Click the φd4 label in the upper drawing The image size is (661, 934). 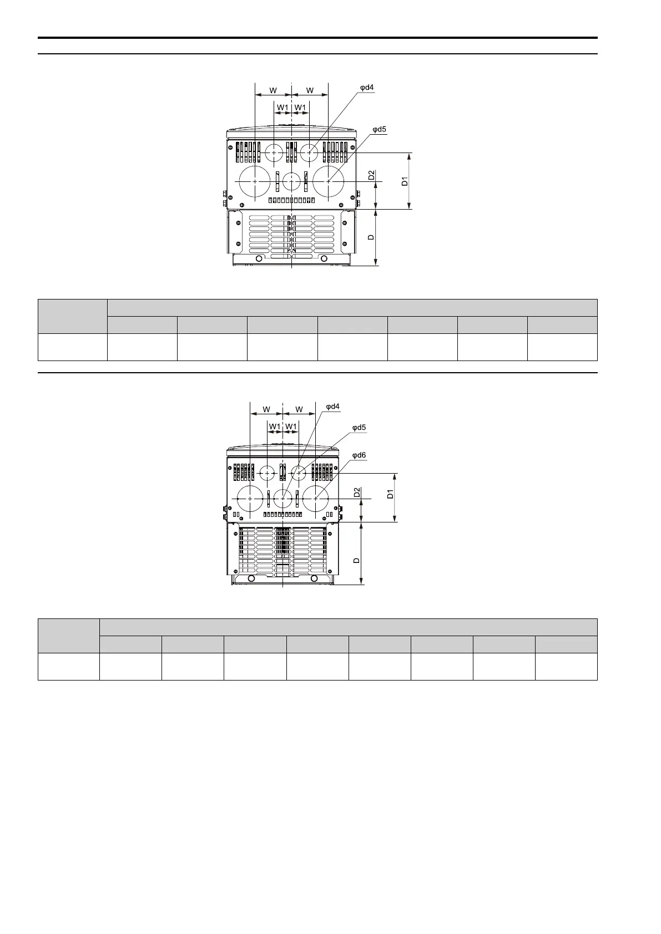coord(367,88)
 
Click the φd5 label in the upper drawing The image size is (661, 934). coord(379,129)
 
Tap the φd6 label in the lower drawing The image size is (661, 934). coord(359,455)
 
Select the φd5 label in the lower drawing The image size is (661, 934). coord(359,428)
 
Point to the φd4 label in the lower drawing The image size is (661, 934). coord(332,407)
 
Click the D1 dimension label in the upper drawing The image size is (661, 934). coord(405,181)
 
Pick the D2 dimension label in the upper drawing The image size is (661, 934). coord(371,175)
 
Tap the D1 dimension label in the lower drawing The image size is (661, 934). coord(390,494)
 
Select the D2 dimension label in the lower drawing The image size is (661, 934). coord(357,493)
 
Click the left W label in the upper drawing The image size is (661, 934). coord(273,90)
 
